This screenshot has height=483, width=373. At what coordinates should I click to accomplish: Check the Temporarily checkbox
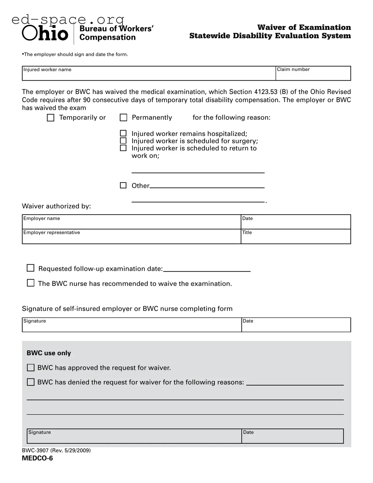coord(51,118)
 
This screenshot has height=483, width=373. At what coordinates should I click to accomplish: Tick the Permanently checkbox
coord(124,118)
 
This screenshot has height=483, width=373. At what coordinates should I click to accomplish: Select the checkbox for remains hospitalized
coord(123,133)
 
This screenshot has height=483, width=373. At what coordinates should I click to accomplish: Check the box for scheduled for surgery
coord(123,141)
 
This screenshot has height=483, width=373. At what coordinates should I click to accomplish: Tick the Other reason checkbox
coord(123,185)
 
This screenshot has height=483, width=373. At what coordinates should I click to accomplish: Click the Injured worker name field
coord(149,75)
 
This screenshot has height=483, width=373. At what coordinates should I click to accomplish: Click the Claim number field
coord(313,75)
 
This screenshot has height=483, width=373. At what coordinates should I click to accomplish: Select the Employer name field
coord(131,224)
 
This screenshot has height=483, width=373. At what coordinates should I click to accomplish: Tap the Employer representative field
coord(131,238)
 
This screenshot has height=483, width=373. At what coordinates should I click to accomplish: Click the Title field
coord(296,238)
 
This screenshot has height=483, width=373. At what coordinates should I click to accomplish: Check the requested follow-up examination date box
coord(31,268)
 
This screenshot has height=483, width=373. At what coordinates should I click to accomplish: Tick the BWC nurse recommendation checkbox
coord(31,283)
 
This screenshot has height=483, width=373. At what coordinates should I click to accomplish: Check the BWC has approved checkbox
coord(31,368)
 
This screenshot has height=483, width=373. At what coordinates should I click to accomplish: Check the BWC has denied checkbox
coord(31,382)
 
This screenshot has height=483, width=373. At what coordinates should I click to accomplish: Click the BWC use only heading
coord(49,353)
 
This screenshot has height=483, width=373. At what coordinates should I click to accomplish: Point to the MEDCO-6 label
coord(37,458)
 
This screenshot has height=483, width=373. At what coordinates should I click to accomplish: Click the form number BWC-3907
coord(35,450)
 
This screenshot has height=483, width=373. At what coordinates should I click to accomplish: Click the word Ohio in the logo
coord(45,34)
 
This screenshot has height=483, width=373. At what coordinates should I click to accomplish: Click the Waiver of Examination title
coord(304,27)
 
